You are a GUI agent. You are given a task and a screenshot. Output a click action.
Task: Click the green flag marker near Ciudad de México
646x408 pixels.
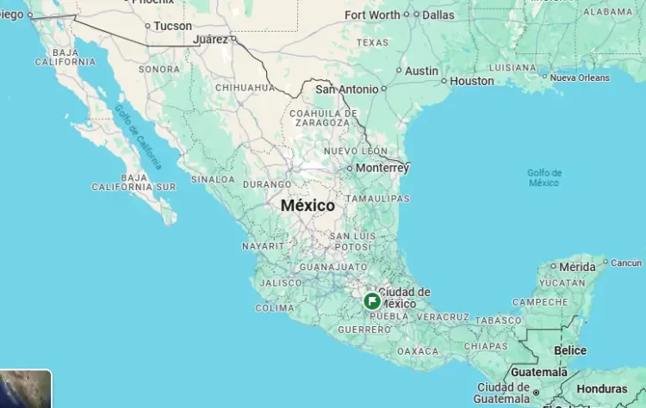[x=372, y=301]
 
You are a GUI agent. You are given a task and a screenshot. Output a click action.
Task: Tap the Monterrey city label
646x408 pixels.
[x=382, y=168]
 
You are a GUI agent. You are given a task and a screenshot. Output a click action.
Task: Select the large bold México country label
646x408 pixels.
[x=307, y=206]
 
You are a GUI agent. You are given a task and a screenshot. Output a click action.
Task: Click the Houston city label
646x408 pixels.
[x=472, y=81]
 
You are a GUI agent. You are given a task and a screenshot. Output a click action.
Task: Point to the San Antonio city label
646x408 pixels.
[x=346, y=89]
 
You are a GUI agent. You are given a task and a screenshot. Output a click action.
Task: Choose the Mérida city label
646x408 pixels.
[x=577, y=267]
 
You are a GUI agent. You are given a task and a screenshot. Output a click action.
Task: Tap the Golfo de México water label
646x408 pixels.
[x=544, y=177]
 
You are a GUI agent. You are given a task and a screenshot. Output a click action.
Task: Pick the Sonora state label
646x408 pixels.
[x=159, y=69]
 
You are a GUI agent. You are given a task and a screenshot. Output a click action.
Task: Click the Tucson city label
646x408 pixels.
[x=173, y=26]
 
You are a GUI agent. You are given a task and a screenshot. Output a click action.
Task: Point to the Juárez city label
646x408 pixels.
[x=211, y=40]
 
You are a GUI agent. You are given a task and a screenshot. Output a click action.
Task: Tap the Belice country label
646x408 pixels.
[x=570, y=350]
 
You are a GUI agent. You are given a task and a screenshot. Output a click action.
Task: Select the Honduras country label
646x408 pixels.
[x=602, y=389]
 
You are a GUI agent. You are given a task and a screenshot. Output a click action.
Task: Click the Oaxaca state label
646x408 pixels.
[x=418, y=351]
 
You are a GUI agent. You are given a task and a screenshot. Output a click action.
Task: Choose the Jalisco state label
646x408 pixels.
[x=280, y=282]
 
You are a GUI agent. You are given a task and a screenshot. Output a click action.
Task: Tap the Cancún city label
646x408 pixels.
[x=626, y=263]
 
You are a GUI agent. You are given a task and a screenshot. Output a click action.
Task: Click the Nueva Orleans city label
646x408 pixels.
[x=580, y=77]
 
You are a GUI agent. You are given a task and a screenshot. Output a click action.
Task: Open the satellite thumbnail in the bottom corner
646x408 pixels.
[x=26, y=389]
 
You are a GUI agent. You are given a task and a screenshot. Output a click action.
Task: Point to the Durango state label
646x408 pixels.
[x=267, y=184]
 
